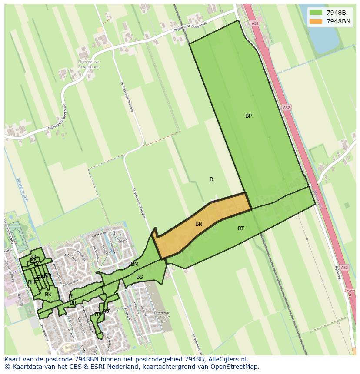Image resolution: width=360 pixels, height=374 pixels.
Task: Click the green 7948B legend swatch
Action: click(315, 12)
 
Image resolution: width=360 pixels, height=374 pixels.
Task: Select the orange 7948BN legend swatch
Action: click(315, 21)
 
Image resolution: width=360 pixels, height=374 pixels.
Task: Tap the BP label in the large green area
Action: click(248, 116)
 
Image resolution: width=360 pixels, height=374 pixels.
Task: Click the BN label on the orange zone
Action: click(199, 224)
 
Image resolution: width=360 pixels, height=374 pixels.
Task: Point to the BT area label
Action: click(241, 228)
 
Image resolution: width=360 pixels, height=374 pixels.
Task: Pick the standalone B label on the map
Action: click(211, 179)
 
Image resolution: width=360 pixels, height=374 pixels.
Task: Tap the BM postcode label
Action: click(135, 264)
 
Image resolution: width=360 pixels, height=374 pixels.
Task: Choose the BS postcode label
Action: click(140, 277)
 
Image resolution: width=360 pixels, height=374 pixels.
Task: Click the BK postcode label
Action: click(48, 295)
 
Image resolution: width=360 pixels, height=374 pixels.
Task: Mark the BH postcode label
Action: click(31, 282)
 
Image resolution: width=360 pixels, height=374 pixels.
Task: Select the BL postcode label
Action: click(71, 296)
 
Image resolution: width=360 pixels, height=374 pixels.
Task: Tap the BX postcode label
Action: click(98, 314)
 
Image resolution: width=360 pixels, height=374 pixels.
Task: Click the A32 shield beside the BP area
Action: click(286, 107)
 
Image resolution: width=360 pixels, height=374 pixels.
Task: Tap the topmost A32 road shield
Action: click(255, 23)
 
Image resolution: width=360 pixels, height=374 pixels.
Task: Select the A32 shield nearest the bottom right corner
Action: click(344, 268)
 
